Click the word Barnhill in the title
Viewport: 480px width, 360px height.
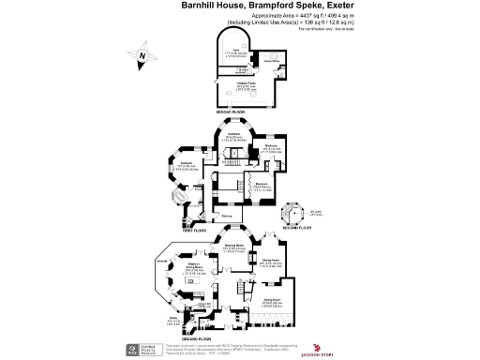point(201,5)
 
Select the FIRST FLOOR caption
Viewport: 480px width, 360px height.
point(196,230)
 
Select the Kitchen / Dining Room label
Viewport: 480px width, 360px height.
point(193,268)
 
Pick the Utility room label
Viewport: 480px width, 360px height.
point(172,320)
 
